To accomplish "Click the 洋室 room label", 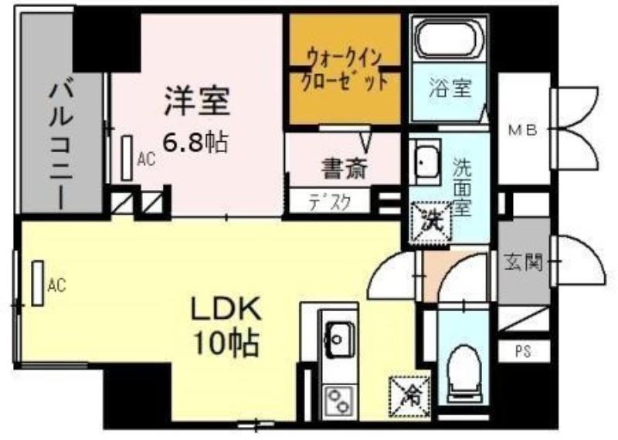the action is (197, 101).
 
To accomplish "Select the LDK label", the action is (226, 308).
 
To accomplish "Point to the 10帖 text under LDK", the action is (226, 343).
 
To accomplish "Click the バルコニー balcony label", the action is (62, 144).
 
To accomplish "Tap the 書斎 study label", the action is (344, 169).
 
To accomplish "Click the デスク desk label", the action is (330, 203).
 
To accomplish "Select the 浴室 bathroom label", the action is (450, 87).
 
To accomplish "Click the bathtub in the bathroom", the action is (450, 39).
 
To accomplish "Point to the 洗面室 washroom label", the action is (461, 187).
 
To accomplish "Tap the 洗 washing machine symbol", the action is (431, 222).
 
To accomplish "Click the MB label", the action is (523, 130).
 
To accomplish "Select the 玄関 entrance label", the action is (523, 262).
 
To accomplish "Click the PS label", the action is (523, 351).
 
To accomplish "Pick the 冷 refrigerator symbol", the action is (409, 396).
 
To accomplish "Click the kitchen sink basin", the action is (340, 339).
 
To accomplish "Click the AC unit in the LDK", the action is (38, 283).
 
